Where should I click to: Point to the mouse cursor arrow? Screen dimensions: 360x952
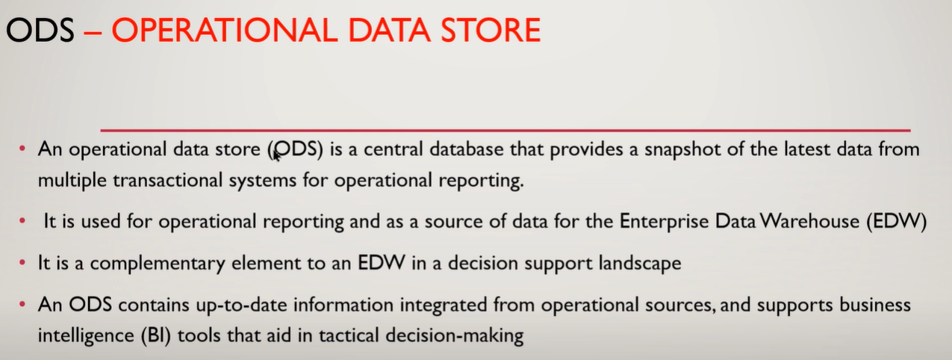click(x=276, y=154)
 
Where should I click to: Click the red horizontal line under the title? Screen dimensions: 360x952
click(x=505, y=130)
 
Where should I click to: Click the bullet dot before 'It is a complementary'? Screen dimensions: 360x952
click(x=23, y=264)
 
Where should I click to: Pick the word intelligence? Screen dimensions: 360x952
click(x=83, y=336)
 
